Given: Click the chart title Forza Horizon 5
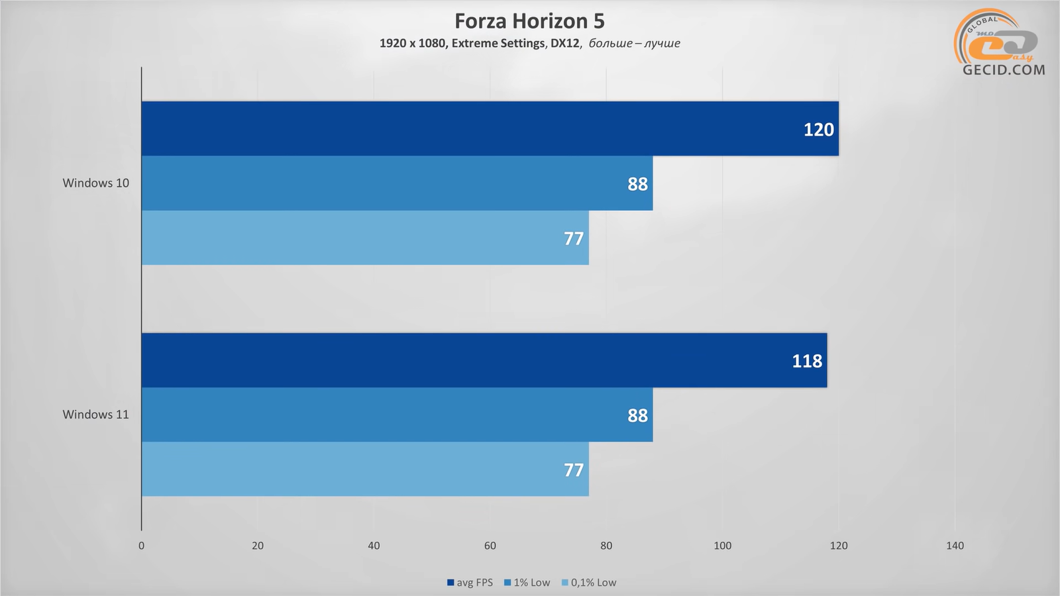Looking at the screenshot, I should (x=529, y=21).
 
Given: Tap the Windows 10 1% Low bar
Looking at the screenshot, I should (x=397, y=183).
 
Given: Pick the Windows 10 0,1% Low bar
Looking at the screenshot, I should (x=365, y=238).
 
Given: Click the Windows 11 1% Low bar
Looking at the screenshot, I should (x=397, y=415).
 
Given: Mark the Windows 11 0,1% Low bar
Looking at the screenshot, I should (x=365, y=470).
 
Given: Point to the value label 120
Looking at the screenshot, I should (x=818, y=129).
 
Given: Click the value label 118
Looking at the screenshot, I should (x=807, y=361).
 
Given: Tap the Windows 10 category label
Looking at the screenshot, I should (x=96, y=183).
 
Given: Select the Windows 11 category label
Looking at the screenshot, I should (x=96, y=415).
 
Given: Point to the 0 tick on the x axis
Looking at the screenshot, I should (x=141, y=546).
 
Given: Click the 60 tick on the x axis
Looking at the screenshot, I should (x=490, y=546).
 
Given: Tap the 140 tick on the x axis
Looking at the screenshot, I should (x=955, y=546).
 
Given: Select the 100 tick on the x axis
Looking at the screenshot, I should (x=722, y=546).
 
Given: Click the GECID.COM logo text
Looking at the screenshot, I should (x=1004, y=70).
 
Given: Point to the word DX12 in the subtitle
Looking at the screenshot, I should (x=564, y=44).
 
